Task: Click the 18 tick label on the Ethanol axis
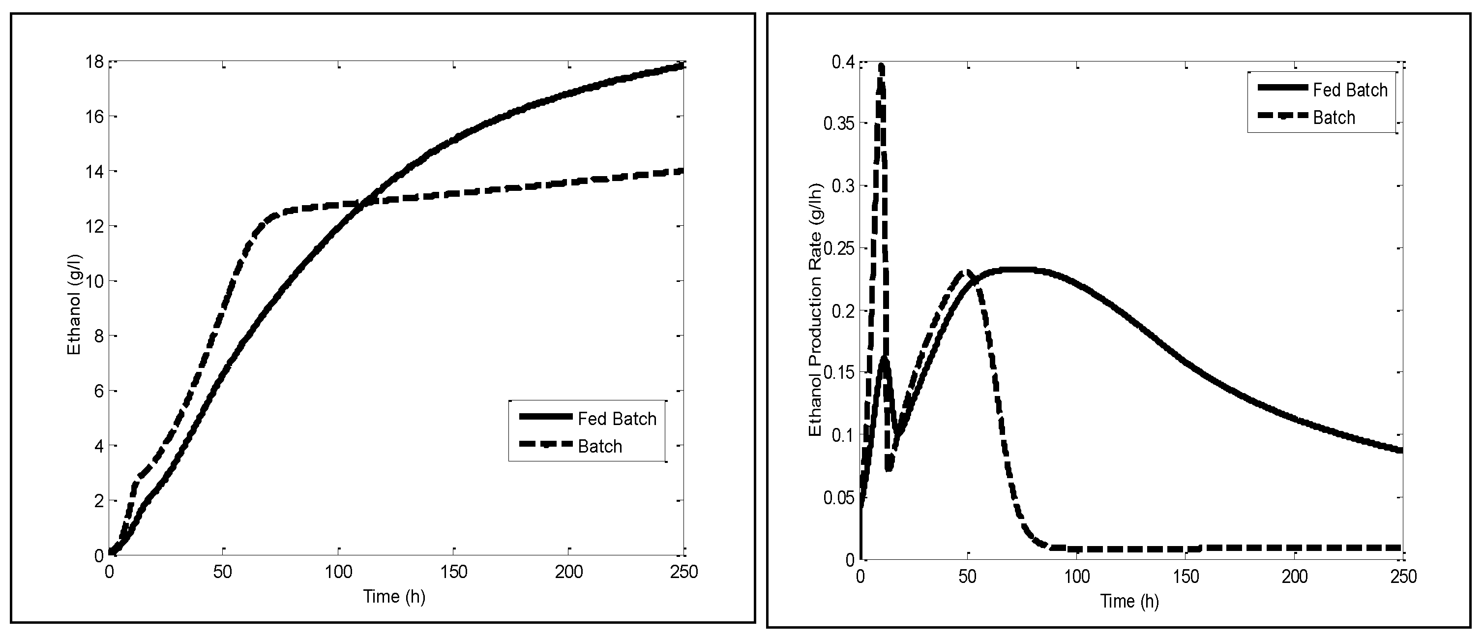pos(94,61)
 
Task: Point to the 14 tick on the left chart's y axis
pos(94,172)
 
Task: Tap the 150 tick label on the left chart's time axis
pos(454,572)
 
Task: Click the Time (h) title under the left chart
pos(394,597)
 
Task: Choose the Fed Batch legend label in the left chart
pos(617,419)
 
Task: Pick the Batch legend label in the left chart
pos(600,447)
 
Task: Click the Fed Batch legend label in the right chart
pos(1350,90)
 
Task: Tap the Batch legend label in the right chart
pos(1334,118)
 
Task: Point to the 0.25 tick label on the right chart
pos(839,248)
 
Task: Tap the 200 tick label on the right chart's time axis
pos(1294,577)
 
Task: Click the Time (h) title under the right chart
pos(1129,602)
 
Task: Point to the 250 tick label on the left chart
pos(684,572)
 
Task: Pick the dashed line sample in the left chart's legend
pos(546,444)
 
